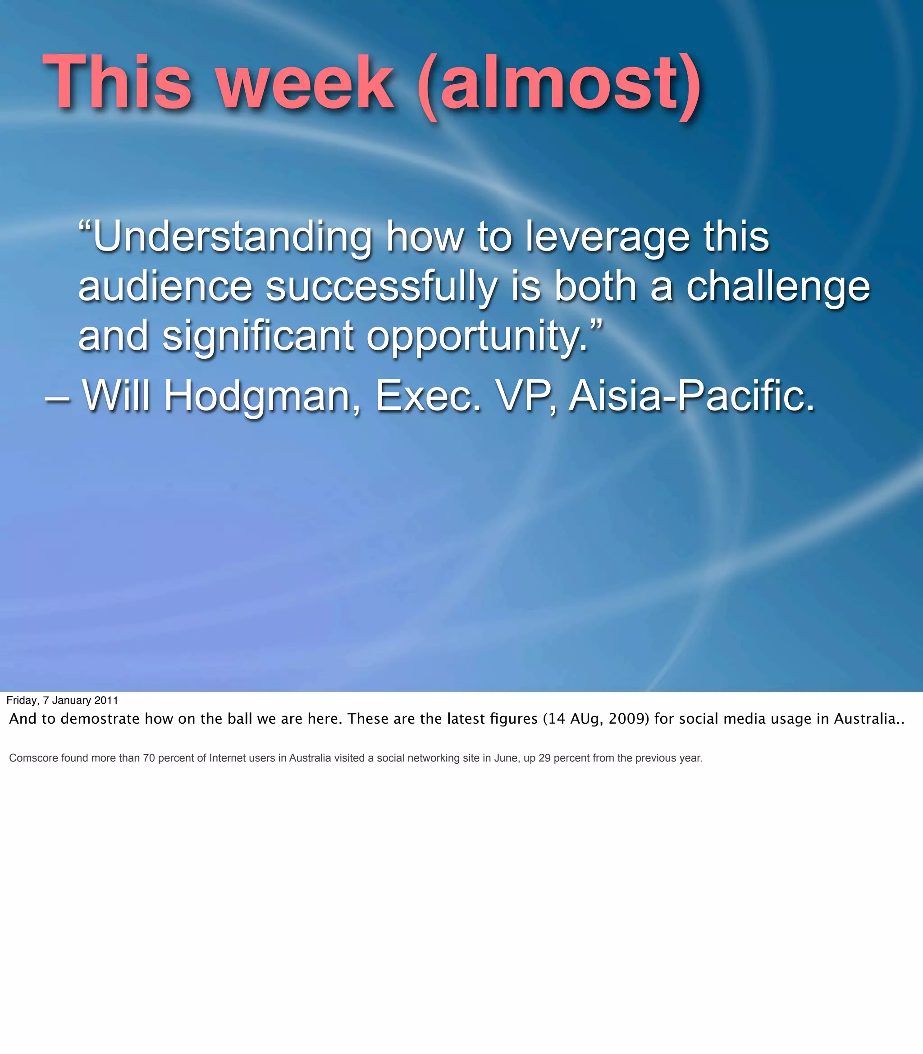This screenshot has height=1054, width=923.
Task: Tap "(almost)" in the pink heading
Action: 559,85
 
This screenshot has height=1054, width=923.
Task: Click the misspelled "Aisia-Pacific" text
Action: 691,396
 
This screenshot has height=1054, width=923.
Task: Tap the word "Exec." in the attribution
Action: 428,396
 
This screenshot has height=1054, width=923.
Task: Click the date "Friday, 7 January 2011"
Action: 62,700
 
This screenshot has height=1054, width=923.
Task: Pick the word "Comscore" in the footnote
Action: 33,758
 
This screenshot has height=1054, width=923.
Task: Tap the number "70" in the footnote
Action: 149,758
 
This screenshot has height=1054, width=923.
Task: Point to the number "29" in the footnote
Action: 544,758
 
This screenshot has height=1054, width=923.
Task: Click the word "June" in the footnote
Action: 506,758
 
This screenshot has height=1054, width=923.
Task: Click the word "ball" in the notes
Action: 239,719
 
